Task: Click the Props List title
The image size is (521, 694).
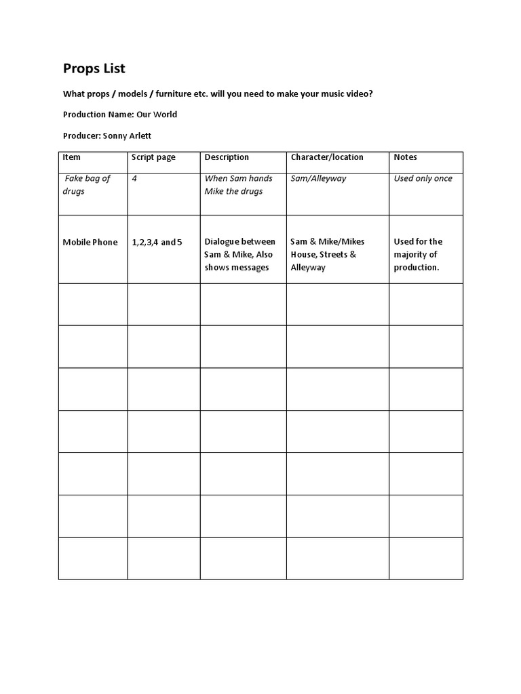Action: [x=94, y=68]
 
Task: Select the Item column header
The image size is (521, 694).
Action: [x=71, y=157]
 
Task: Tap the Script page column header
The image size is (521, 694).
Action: [x=153, y=157]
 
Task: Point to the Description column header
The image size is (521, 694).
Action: [x=227, y=157]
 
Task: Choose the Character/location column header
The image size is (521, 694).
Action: [x=327, y=157]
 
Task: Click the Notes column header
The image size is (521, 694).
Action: [x=406, y=157]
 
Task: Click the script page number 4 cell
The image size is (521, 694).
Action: [x=134, y=178]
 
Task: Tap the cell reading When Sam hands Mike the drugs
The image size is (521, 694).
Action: [x=238, y=184]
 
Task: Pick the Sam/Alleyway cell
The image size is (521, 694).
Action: [x=318, y=178]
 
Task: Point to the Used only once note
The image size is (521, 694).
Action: [x=423, y=178]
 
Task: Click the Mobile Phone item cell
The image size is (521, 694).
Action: [x=90, y=242]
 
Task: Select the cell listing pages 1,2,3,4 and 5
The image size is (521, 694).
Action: [x=157, y=242]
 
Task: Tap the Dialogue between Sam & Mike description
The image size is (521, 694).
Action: [x=239, y=254]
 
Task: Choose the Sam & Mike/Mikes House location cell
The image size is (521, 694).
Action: [x=327, y=254]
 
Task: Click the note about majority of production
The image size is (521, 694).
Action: [x=418, y=254]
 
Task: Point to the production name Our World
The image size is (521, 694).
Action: [x=157, y=115]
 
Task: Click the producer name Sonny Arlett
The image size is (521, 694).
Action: [x=127, y=136]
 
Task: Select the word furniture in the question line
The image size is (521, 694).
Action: [x=177, y=94]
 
